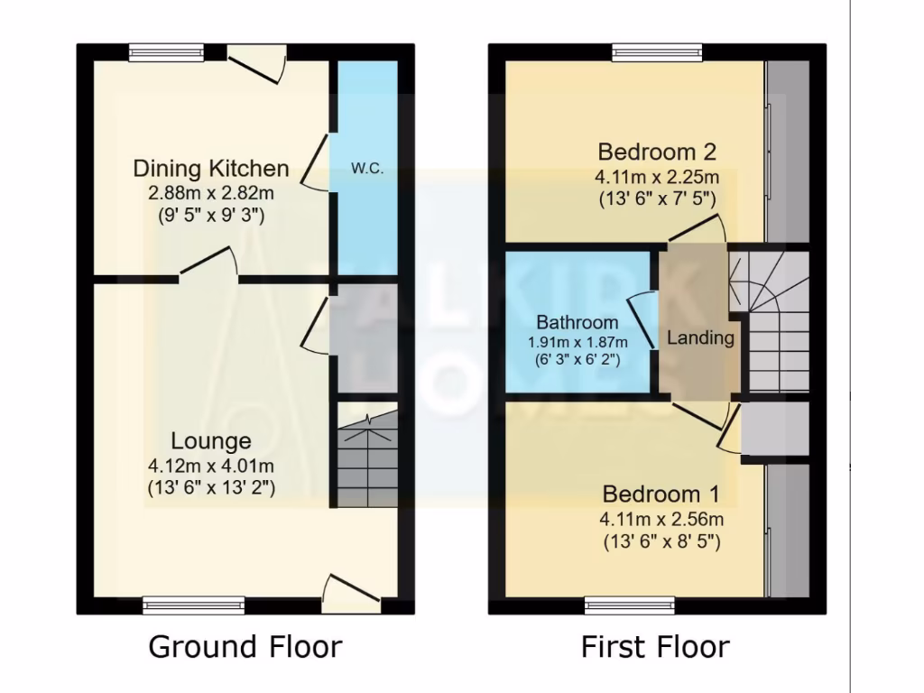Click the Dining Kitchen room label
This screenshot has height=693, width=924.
click(x=211, y=168)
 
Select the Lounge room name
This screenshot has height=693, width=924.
click(x=211, y=441)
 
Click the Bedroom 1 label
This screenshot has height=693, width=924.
click(x=661, y=494)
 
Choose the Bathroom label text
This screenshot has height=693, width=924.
click(x=577, y=322)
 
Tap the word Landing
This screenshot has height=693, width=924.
click(x=700, y=338)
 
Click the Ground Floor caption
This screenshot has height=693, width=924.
click(x=245, y=647)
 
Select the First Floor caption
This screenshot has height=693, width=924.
click(x=655, y=647)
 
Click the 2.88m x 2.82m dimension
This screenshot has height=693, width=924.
click(x=211, y=192)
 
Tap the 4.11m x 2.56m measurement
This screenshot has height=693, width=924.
click(x=661, y=519)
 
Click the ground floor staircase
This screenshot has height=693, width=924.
click(x=366, y=457)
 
